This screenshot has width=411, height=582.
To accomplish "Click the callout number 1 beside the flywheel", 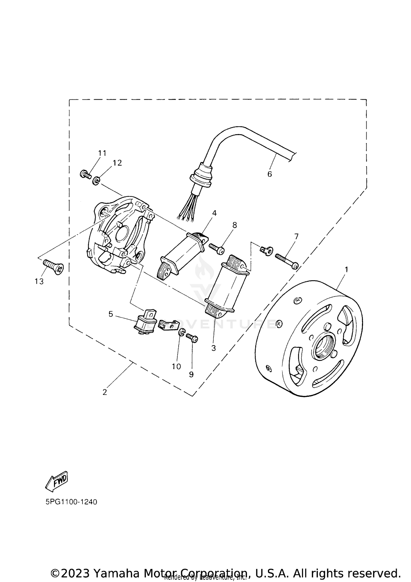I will [x=346, y=270].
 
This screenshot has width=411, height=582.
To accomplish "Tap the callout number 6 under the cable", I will [x=270, y=174].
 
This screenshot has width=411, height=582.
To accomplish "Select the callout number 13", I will [x=39, y=281].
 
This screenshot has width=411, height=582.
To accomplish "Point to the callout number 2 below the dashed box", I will [x=105, y=392].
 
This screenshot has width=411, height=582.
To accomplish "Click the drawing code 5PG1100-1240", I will [x=71, y=502].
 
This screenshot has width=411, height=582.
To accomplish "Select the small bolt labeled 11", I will [x=86, y=174].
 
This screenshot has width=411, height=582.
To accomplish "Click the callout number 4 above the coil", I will [x=214, y=213].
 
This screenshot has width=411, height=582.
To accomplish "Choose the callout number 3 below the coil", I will [x=213, y=348].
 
